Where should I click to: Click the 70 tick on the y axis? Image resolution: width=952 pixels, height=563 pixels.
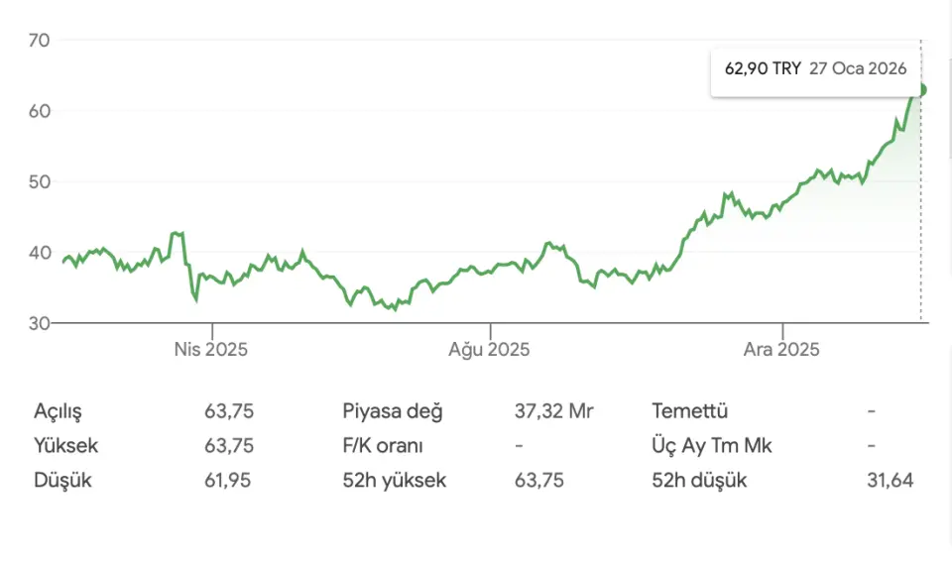[40, 40]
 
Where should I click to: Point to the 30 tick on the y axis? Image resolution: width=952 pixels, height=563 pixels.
[40, 323]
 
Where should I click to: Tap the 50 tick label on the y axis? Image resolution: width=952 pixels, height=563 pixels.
[40, 181]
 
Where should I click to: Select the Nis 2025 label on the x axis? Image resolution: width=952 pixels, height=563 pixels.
[210, 350]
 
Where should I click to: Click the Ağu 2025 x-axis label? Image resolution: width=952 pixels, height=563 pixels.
[489, 350]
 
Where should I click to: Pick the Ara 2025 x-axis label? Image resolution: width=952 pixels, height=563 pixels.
[781, 350]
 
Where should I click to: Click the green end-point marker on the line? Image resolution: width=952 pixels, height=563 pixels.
[921, 90]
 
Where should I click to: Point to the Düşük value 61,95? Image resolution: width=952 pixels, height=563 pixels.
[228, 481]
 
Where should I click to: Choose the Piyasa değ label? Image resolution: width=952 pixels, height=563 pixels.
[393, 410]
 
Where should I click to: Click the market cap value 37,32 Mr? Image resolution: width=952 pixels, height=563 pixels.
[553, 410]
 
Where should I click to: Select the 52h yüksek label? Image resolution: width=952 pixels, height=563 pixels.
[395, 481]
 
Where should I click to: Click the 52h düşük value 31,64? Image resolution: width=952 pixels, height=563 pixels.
[890, 481]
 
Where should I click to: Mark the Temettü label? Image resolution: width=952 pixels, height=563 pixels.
[690, 410]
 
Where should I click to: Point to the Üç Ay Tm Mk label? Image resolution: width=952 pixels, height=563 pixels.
[712, 446]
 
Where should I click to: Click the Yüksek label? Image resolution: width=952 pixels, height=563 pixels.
[66, 446]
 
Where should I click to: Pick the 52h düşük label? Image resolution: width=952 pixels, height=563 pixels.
[699, 481]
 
